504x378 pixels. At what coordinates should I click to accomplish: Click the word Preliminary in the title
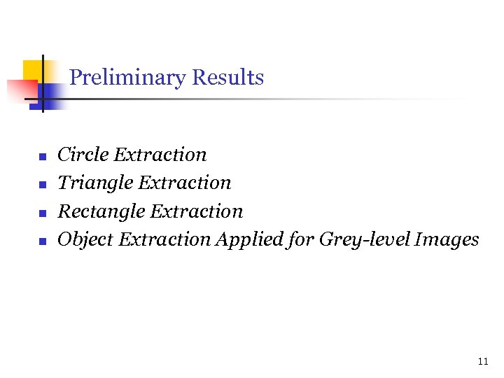(127, 78)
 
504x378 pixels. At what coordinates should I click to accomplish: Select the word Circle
(83, 155)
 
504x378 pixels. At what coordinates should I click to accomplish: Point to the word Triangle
(95, 183)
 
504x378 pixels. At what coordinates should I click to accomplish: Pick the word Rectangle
(101, 211)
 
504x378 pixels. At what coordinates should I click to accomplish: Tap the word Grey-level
(365, 240)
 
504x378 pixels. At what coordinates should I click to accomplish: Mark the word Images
(447, 240)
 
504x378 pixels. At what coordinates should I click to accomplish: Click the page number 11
(482, 361)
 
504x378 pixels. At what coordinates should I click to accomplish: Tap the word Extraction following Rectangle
(197, 211)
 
